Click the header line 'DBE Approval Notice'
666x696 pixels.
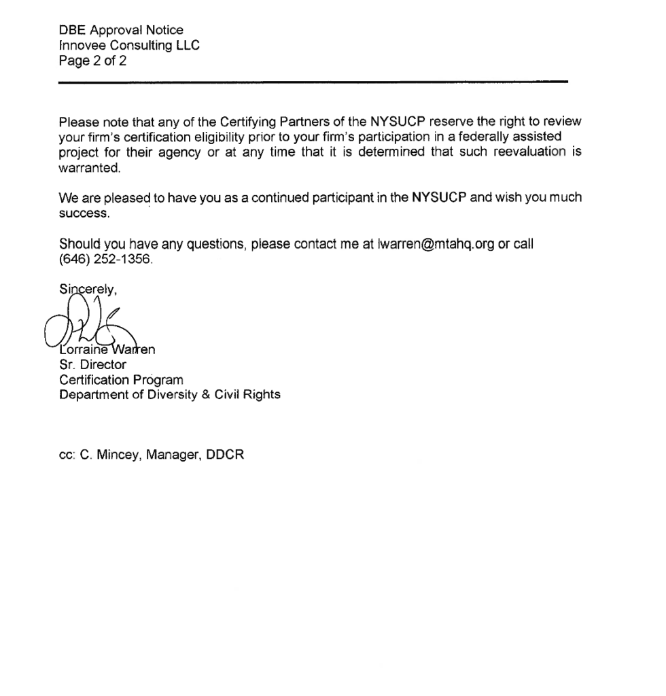tap(121, 30)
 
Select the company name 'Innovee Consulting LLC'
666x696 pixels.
tap(129, 46)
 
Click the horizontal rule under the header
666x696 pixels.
tap(313, 82)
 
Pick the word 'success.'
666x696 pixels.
tap(84, 213)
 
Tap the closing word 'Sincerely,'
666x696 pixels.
tap(88, 289)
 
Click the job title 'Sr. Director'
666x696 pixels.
tap(93, 365)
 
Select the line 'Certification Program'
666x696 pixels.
tap(121, 380)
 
